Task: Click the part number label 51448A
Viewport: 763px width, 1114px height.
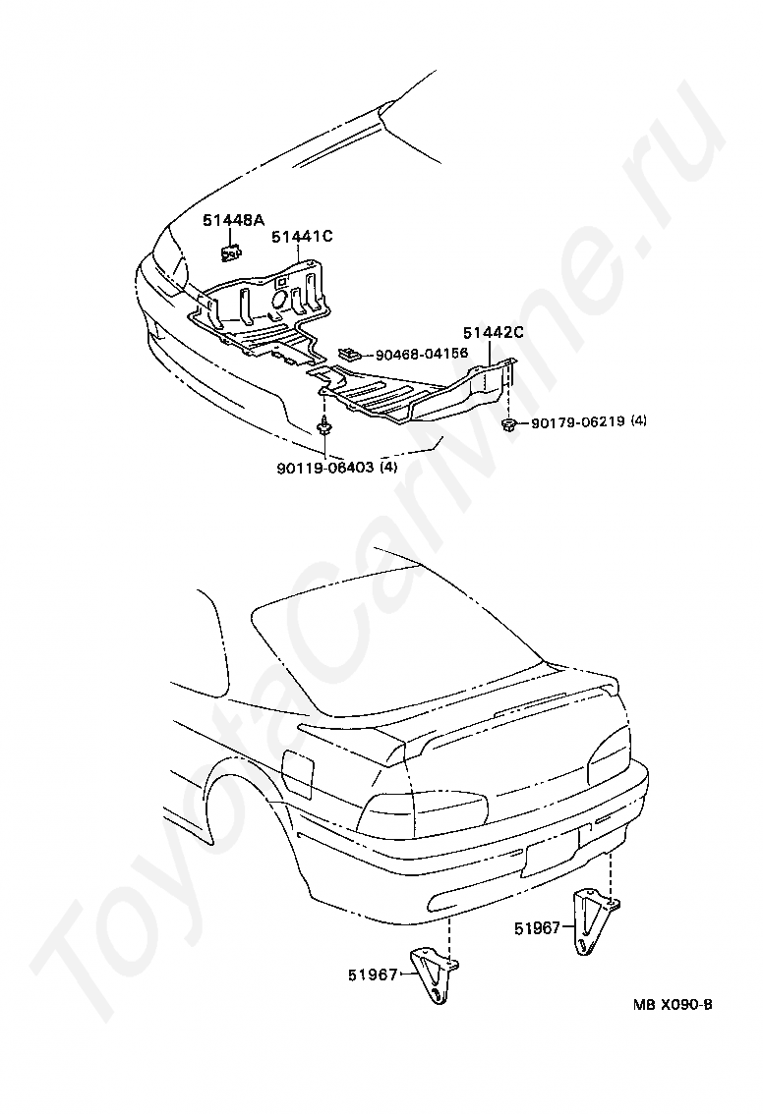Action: point(234,221)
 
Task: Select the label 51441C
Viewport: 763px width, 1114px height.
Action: point(303,236)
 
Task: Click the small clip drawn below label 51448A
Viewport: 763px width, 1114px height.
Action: point(230,254)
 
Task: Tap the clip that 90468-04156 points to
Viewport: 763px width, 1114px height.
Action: point(349,352)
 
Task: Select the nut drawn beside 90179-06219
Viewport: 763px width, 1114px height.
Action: point(509,423)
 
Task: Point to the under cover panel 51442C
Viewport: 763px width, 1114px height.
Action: point(413,393)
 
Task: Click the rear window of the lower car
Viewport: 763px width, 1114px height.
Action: point(383,648)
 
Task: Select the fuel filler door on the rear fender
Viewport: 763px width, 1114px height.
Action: point(297,774)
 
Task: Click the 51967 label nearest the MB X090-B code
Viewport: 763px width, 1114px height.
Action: point(537,927)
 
